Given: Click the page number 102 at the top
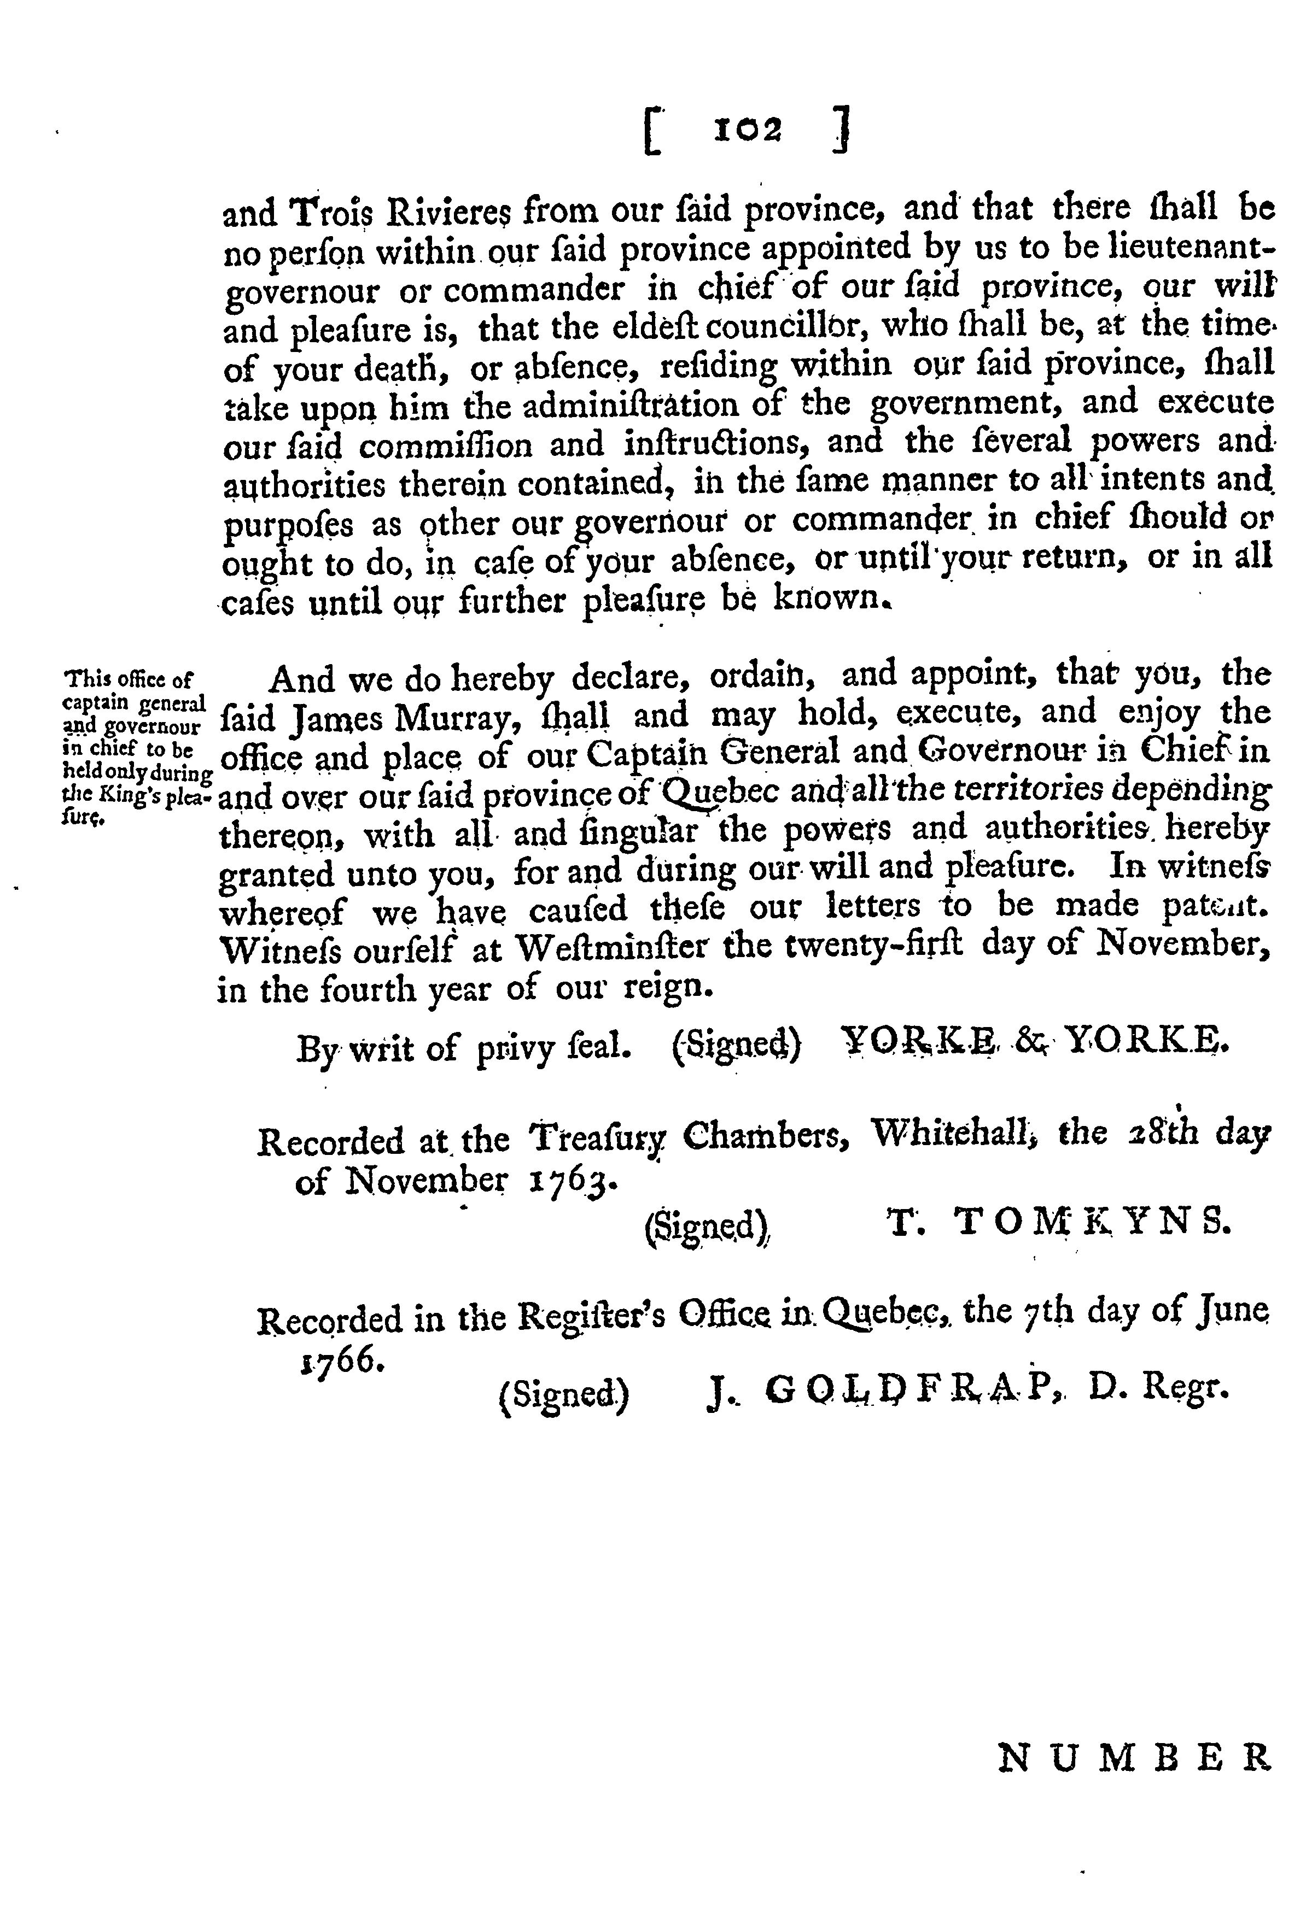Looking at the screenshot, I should click(748, 131).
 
